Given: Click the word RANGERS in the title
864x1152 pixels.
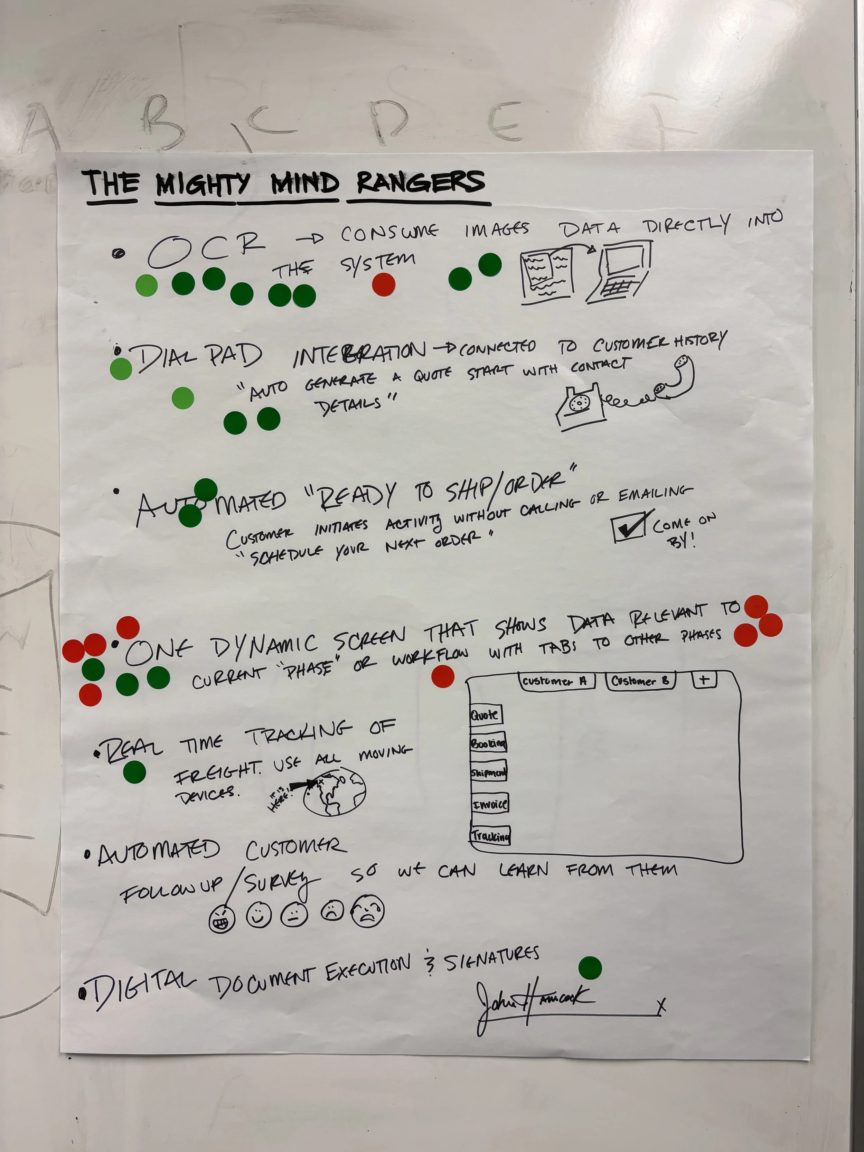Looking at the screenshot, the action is [421, 183].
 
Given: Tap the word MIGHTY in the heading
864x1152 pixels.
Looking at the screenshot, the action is [203, 185].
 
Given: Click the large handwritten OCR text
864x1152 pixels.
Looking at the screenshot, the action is [206, 249].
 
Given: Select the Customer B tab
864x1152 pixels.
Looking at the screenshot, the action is [641, 681].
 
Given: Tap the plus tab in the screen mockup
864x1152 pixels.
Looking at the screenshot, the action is [704, 680].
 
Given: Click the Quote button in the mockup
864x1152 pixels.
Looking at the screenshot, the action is [485, 715].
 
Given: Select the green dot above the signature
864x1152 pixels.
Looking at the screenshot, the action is [590, 968].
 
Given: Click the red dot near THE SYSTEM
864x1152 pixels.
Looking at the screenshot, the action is [384, 284].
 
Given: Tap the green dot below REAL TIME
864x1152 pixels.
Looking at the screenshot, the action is [135, 771].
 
